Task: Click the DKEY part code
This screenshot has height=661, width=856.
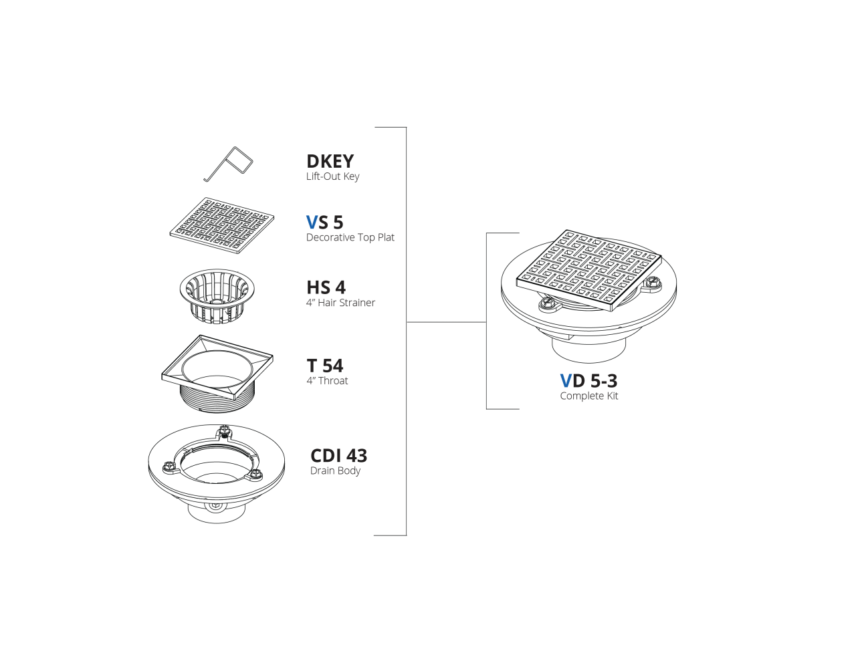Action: click(x=330, y=161)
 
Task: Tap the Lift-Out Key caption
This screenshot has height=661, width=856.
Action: click(x=332, y=176)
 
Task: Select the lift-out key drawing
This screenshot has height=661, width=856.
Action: click(x=228, y=164)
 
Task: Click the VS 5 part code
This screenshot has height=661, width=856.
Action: click(x=324, y=222)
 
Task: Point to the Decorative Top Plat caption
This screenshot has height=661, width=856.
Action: click(x=350, y=237)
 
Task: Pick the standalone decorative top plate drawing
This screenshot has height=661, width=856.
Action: click(x=222, y=225)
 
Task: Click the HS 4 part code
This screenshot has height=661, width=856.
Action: click(x=326, y=287)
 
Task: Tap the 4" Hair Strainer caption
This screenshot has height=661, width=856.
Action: click(x=340, y=303)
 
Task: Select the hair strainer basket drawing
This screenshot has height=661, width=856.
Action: click(x=217, y=296)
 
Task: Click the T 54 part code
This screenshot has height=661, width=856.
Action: click(x=324, y=366)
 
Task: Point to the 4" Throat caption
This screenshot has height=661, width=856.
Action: click(x=327, y=381)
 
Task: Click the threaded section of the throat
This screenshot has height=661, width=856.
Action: click(x=218, y=398)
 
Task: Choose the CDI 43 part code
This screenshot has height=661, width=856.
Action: click(x=338, y=456)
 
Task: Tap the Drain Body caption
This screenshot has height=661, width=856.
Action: click(x=335, y=471)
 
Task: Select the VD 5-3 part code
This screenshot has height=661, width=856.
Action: click(x=588, y=381)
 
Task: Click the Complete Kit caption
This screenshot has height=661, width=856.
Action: click(x=589, y=396)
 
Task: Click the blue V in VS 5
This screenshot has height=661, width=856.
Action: click(x=312, y=222)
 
